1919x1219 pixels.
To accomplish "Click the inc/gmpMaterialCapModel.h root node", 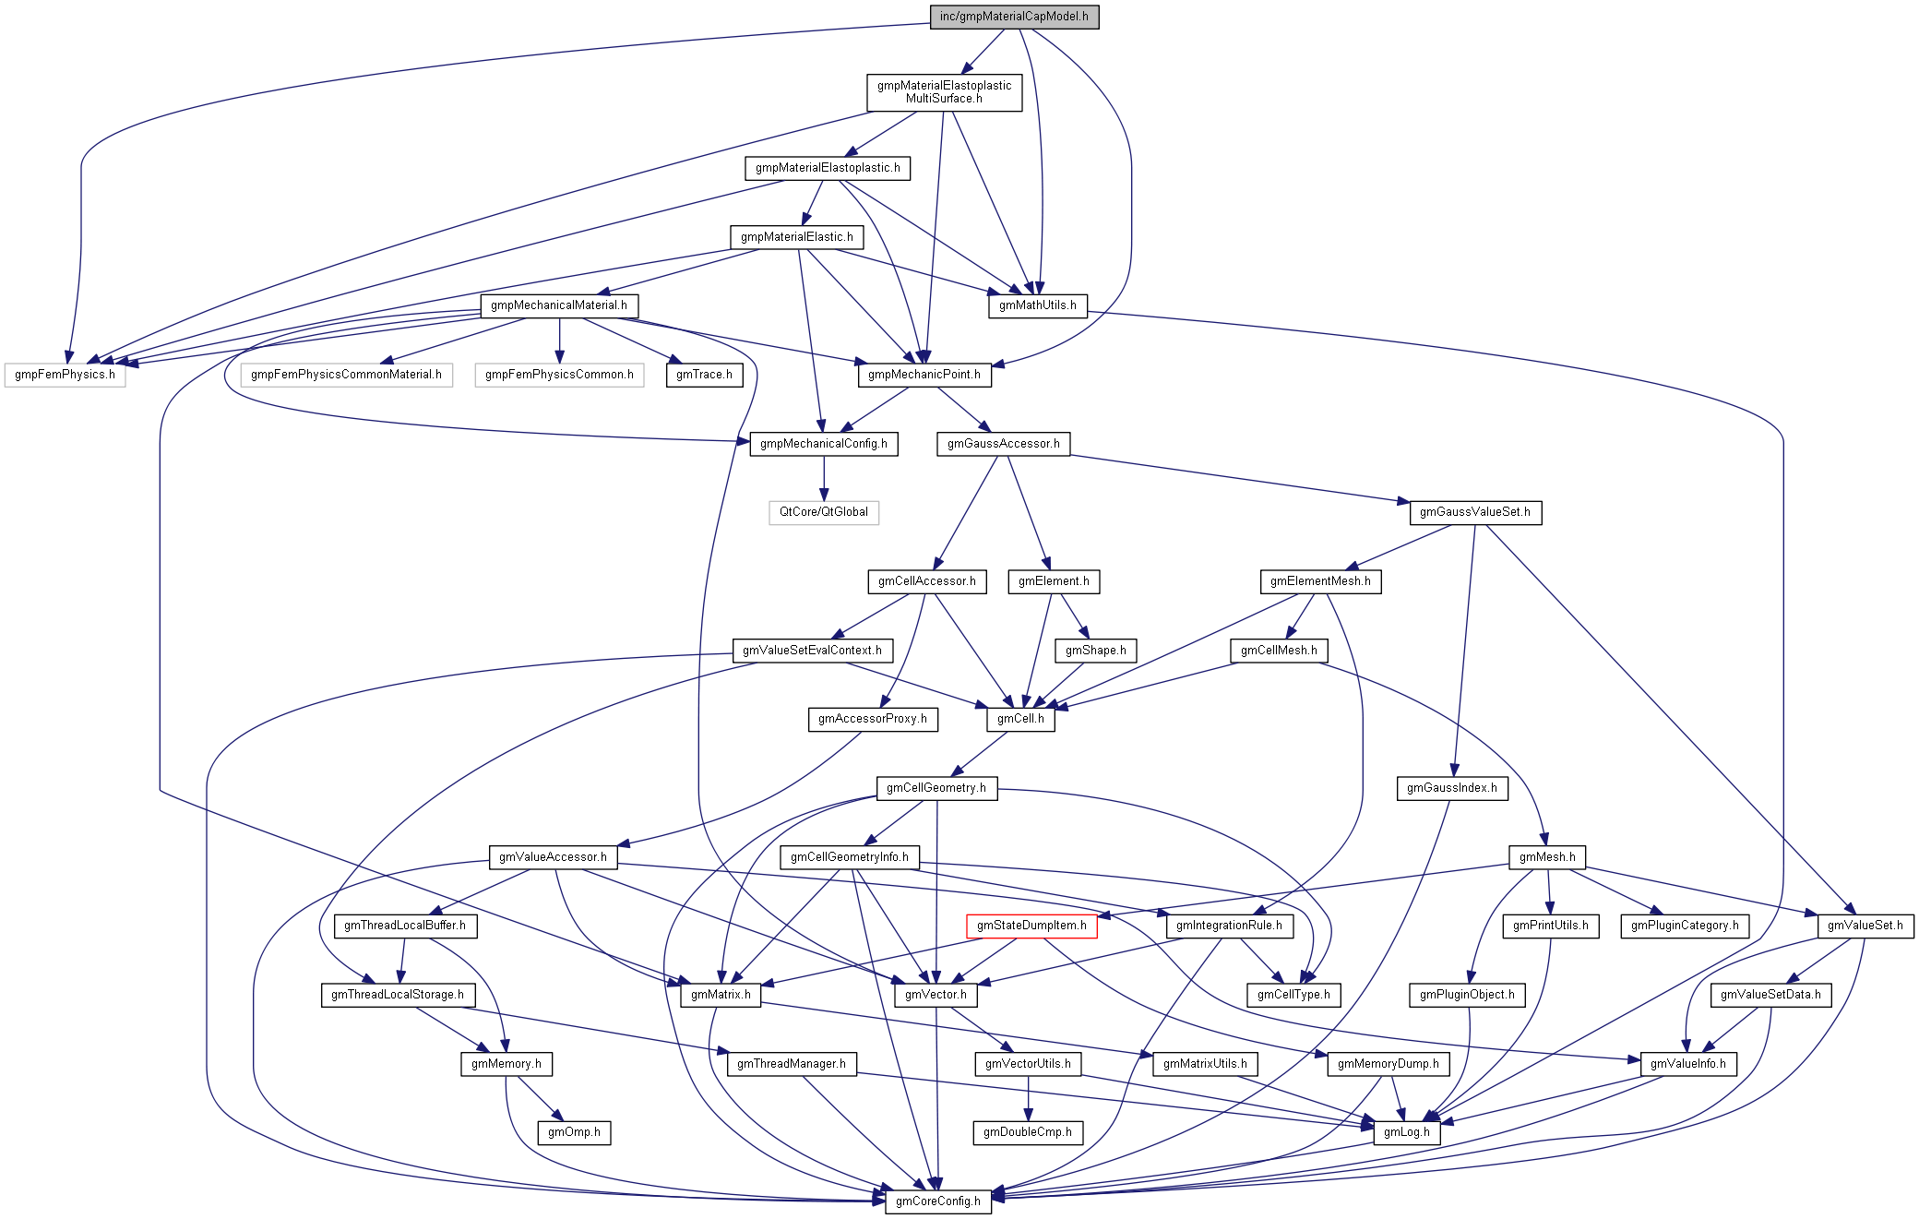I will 1014,17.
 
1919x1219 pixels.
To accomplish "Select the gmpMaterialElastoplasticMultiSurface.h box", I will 944,92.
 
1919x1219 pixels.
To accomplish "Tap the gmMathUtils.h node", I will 1037,305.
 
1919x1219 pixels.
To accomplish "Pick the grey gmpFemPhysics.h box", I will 65,375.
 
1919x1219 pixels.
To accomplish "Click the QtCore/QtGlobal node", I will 823,512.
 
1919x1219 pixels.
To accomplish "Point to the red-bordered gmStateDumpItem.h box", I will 1031,926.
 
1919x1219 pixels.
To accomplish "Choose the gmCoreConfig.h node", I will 937,1201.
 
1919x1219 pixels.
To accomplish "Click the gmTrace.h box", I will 704,375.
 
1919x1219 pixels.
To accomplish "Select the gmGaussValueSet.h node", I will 1474,512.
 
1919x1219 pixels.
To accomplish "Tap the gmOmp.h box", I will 574,1132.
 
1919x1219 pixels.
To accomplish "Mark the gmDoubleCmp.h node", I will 1027,1132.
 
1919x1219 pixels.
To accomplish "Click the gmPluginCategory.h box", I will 1684,926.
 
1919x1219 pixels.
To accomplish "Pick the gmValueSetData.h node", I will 1770,995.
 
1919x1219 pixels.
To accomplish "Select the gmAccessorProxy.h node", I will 872,719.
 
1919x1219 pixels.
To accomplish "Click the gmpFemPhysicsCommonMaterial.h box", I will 346,375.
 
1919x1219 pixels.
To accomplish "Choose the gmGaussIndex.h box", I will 1451,788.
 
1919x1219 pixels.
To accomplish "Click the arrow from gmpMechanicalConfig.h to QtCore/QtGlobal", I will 824,478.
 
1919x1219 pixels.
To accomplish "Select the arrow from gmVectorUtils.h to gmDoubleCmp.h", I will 1028,1098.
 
